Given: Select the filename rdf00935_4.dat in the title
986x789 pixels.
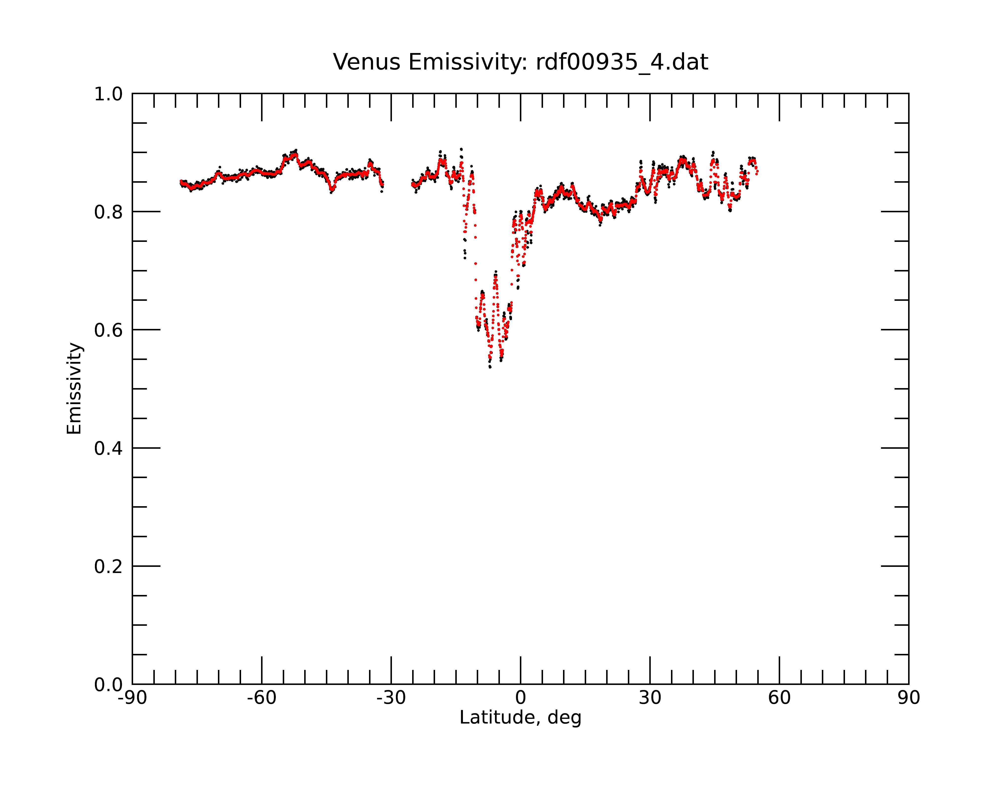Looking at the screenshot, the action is point(622,63).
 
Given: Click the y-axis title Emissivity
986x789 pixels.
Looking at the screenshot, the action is point(74,388).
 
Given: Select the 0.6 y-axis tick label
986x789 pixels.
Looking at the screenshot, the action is point(108,330).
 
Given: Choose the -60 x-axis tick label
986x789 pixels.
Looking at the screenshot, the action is point(262,698).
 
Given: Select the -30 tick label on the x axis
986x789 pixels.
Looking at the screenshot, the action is point(391,698).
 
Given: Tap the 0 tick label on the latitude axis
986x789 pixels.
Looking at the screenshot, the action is point(520,698).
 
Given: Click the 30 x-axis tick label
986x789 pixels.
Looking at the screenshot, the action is point(650,698).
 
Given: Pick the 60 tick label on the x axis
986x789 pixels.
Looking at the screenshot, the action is point(779,698).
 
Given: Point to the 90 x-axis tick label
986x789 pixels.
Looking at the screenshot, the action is point(909,698).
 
